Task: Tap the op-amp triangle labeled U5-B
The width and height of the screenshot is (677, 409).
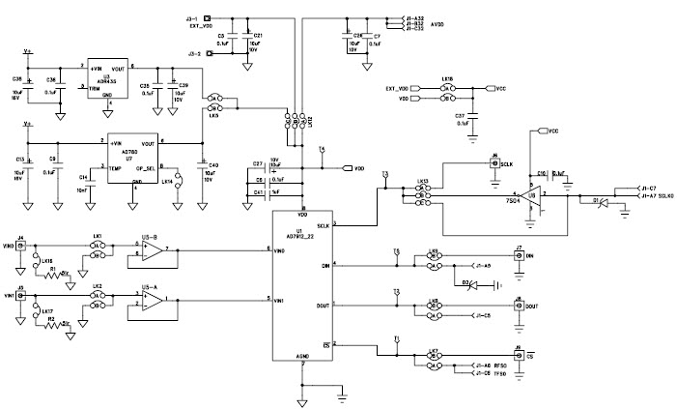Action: pyautogui.click(x=150, y=250)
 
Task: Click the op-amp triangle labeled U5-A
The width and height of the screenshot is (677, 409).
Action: pyautogui.click(x=150, y=303)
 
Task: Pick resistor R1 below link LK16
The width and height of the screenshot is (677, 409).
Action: pyautogui.click(x=53, y=274)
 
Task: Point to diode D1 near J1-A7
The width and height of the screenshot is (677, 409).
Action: pyautogui.click(x=596, y=201)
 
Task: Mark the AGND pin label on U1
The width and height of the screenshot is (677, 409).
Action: pyautogui.click(x=302, y=356)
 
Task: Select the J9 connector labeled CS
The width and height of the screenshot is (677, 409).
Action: pyautogui.click(x=519, y=355)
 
